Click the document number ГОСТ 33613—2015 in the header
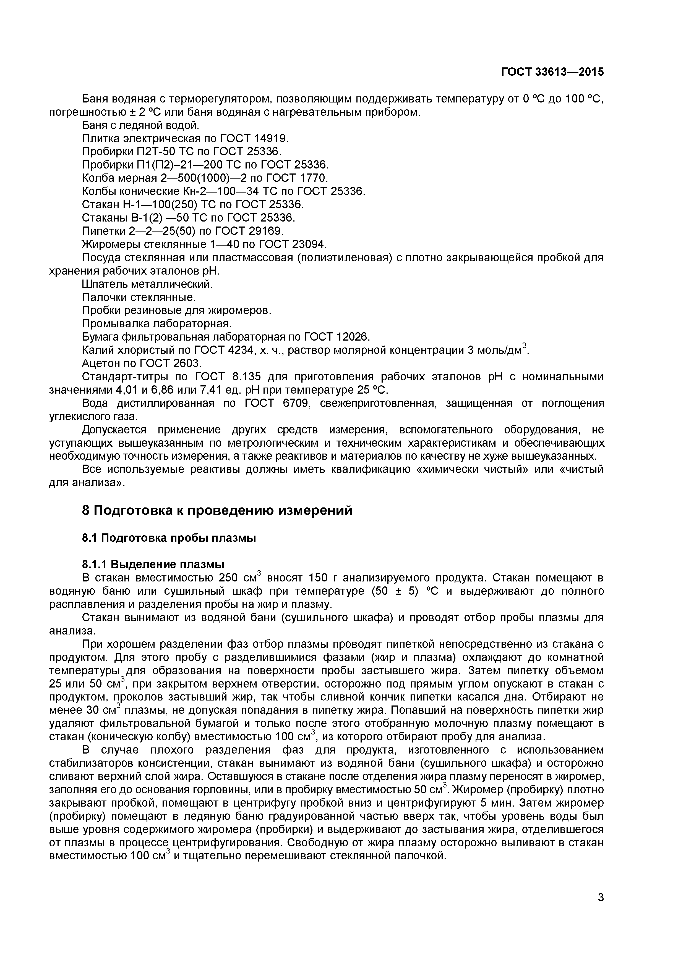coord(552,72)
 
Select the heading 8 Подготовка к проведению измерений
coord(217,511)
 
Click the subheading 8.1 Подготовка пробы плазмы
coord(169,538)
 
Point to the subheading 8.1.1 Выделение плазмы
coord(153,564)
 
